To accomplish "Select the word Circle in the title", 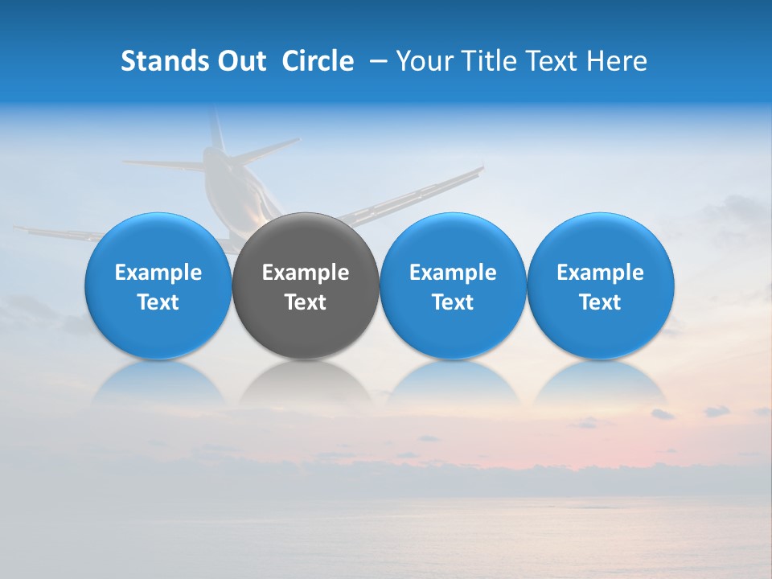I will tap(318, 61).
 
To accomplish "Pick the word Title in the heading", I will tap(483, 61).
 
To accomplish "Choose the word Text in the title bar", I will tap(550, 61).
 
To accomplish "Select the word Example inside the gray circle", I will tap(306, 273).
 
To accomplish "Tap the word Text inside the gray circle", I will tap(306, 302).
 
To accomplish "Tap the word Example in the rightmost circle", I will tap(601, 273).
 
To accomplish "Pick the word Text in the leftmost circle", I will tap(158, 302).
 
